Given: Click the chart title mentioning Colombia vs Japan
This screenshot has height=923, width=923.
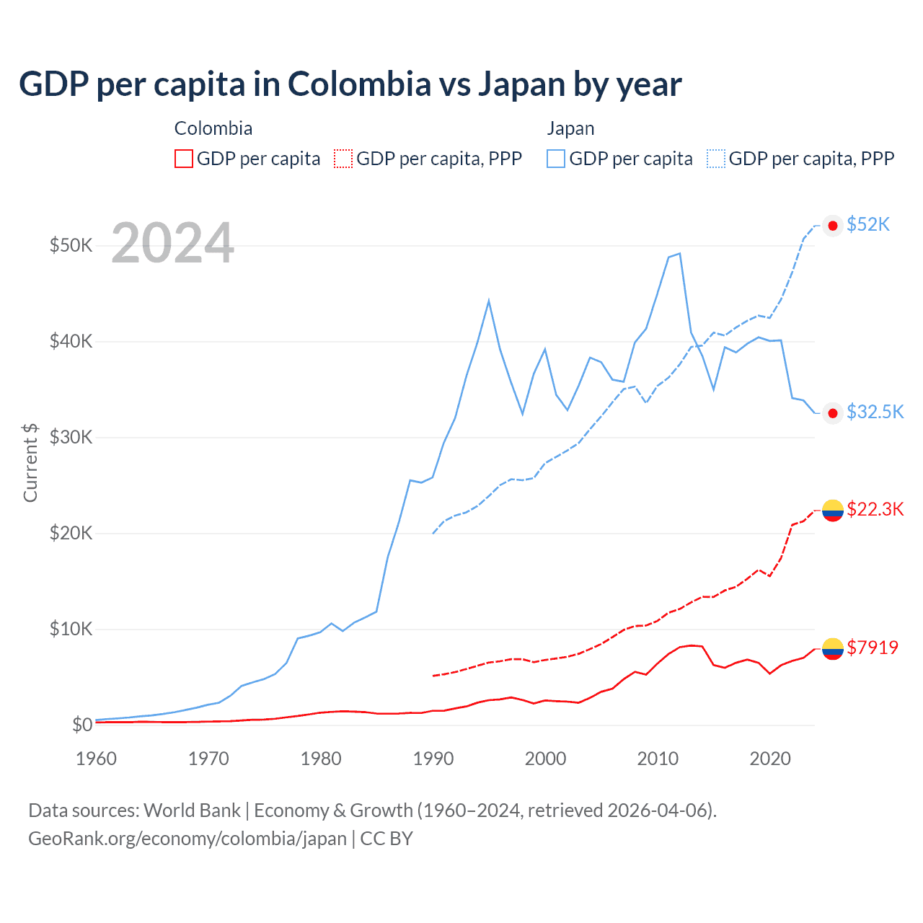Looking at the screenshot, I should click(x=350, y=84).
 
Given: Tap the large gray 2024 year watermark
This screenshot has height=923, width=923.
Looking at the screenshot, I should click(x=172, y=243).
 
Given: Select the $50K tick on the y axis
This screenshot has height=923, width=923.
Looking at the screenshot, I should click(x=71, y=245).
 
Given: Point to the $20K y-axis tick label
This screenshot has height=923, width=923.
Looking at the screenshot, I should click(x=71, y=533).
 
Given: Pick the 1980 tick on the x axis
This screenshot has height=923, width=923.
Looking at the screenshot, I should click(x=321, y=759).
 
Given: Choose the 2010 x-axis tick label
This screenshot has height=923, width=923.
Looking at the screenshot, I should click(x=658, y=759).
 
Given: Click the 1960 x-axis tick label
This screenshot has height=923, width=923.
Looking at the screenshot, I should click(x=96, y=759).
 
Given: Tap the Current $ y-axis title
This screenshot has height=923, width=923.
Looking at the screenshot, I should click(x=30, y=462).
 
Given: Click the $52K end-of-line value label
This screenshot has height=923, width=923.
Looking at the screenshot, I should click(x=868, y=224).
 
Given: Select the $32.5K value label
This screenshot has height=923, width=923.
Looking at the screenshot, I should click(x=875, y=412).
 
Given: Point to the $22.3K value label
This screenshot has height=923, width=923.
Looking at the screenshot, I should click(x=875, y=509).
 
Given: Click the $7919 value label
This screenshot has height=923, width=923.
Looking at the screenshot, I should click(x=872, y=648).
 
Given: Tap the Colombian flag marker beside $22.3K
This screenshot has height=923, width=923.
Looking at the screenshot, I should click(x=833, y=510).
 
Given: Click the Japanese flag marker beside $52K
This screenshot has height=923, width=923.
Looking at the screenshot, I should click(x=833, y=226).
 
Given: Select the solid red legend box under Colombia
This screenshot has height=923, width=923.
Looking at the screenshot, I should click(x=184, y=159).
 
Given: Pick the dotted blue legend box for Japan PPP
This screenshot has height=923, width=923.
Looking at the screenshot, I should click(x=716, y=159).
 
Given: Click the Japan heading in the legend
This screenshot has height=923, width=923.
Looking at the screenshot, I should click(x=570, y=128).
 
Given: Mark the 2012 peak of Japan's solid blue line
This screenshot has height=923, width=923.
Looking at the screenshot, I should click(x=679, y=254).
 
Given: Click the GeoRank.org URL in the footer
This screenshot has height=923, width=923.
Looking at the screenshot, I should click(x=187, y=839).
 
